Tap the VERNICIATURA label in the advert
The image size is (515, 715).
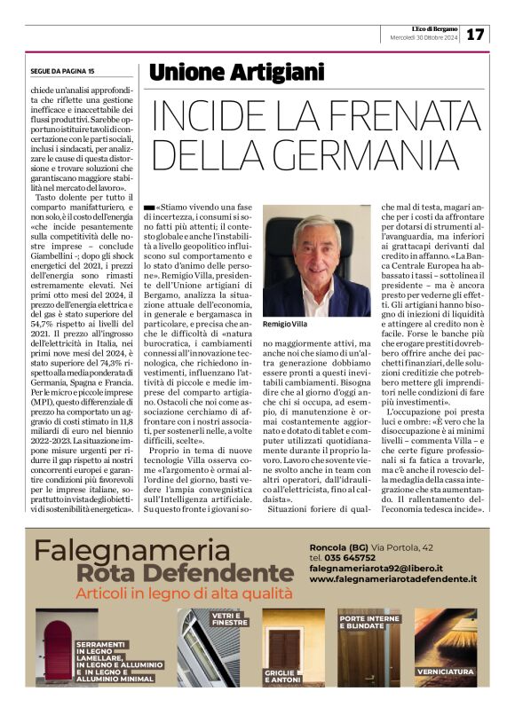pyautogui.click(x=444, y=671)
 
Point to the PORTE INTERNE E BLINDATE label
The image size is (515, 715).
pyautogui.click(x=368, y=620)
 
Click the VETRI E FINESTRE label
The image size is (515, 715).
pyautogui.click(x=228, y=619)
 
